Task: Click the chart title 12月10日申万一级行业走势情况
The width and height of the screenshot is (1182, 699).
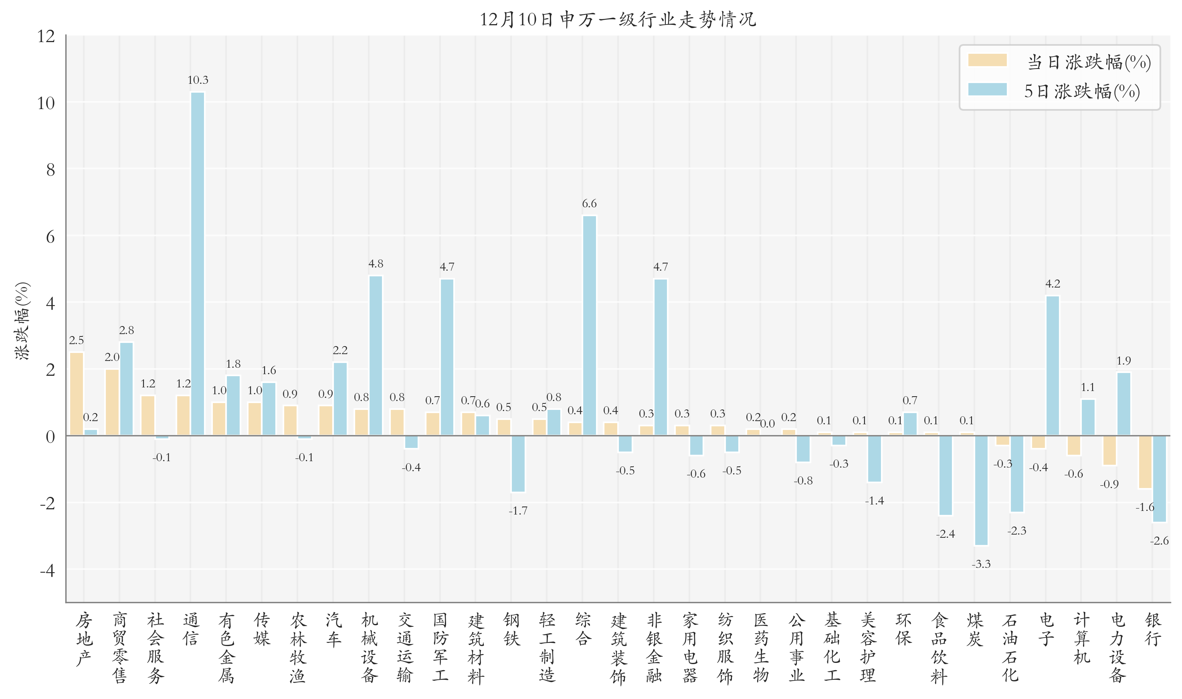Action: tap(618, 20)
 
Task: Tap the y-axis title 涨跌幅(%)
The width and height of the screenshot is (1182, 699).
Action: tap(22, 321)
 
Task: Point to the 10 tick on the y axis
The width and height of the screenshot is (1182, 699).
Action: tap(46, 103)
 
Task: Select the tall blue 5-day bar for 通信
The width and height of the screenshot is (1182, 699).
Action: tap(198, 264)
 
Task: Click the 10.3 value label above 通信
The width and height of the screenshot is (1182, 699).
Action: tap(198, 80)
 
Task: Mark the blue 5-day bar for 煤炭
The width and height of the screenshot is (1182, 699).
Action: tap(981, 490)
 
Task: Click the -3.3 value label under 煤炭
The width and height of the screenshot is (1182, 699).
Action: tap(981, 564)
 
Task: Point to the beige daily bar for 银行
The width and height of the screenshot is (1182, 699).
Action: tap(1145, 462)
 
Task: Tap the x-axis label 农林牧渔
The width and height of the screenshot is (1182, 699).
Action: tap(297, 648)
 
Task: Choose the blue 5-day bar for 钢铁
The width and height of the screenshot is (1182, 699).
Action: tap(518, 464)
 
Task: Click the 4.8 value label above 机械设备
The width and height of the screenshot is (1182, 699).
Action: tap(376, 264)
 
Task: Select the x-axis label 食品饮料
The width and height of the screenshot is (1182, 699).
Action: tap(939, 648)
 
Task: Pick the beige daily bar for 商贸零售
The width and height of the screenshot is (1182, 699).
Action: tap(112, 402)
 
